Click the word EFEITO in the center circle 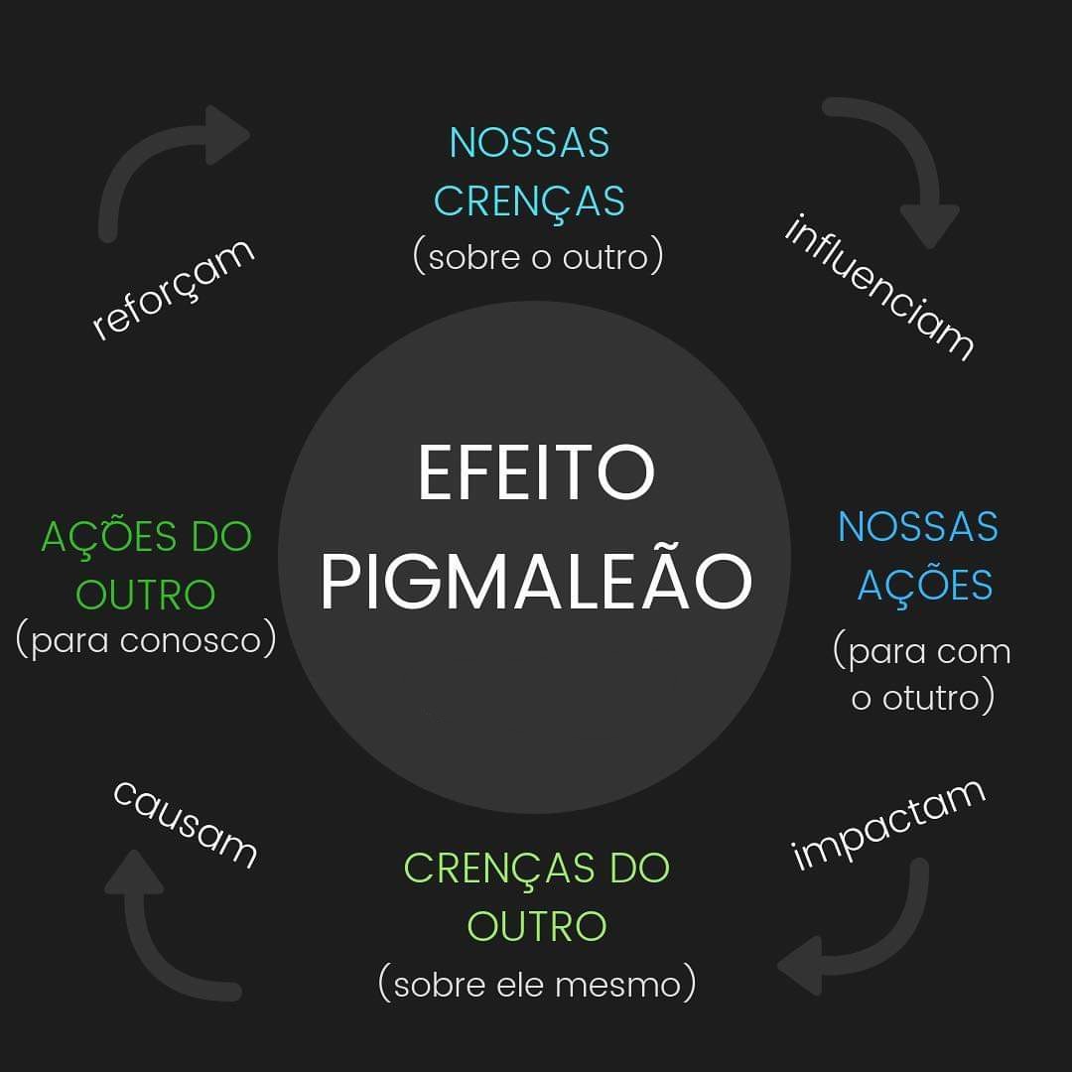[536, 473]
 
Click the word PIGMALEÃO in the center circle [536, 583]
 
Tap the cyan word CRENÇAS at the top [529, 201]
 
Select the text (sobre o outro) [537, 256]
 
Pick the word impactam [888, 824]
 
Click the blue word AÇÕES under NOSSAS [925, 586]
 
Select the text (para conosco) [146, 640]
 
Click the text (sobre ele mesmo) [537, 985]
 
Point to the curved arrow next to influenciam [898, 164]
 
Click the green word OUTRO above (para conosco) [146, 596]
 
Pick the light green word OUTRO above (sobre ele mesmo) [537, 926]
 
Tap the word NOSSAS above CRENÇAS [529, 143]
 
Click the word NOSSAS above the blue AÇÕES [918, 527]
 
